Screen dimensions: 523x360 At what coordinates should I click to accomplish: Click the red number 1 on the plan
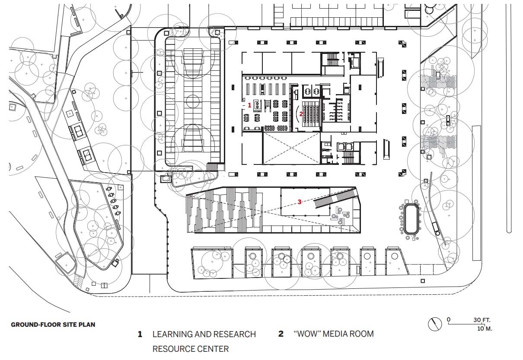point(249,105)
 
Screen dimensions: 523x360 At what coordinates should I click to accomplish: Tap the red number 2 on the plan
point(301,114)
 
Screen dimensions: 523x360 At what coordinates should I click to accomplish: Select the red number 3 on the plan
point(300,202)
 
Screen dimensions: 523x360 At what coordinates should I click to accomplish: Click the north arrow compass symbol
point(435,324)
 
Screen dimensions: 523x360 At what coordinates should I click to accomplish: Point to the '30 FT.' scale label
point(482,320)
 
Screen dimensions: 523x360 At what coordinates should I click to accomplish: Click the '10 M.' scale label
point(485,329)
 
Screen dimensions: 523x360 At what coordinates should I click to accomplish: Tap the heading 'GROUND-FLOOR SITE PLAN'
point(53,325)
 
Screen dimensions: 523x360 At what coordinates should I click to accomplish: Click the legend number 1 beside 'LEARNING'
point(140,334)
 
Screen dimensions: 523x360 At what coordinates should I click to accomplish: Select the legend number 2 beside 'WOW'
point(281,334)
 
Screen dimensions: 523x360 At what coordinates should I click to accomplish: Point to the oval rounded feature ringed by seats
point(411,219)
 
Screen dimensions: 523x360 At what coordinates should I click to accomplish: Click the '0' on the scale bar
point(449,319)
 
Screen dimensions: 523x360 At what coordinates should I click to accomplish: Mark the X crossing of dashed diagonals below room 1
point(292,148)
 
